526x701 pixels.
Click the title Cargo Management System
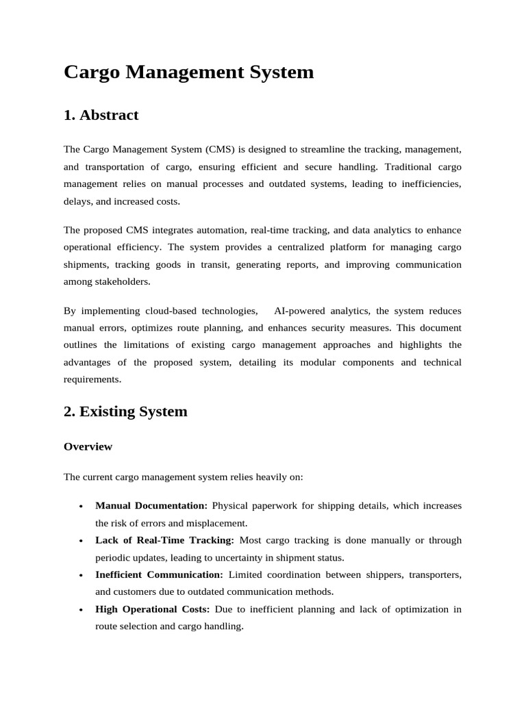coord(188,72)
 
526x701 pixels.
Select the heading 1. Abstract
coord(101,115)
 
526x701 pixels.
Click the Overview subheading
coord(88,446)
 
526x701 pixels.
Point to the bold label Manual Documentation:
coord(151,506)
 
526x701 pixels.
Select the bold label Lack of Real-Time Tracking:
coord(164,540)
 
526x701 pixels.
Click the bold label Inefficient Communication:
coord(159,574)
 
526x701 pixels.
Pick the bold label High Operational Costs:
coord(153,609)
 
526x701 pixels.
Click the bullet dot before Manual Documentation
coord(81,507)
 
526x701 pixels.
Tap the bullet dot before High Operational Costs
coord(81,610)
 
